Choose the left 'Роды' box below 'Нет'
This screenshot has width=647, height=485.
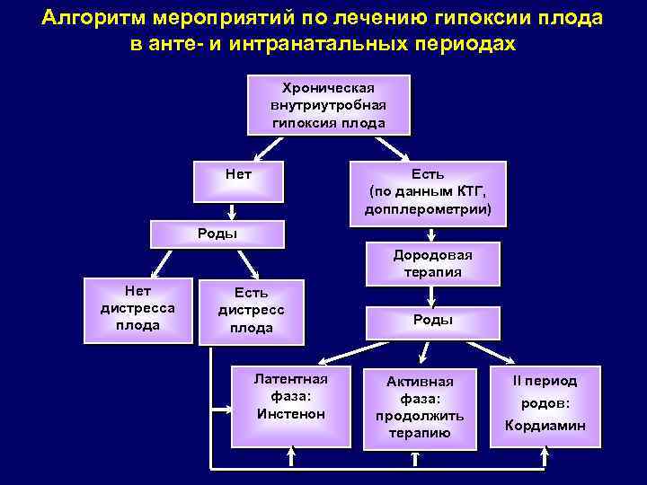217,234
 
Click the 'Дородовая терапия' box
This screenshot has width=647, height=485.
432,263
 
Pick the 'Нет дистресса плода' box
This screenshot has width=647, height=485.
137,309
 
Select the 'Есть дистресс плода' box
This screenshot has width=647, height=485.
251,311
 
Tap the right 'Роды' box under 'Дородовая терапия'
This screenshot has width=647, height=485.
432,320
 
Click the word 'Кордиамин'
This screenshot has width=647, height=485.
545,426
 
